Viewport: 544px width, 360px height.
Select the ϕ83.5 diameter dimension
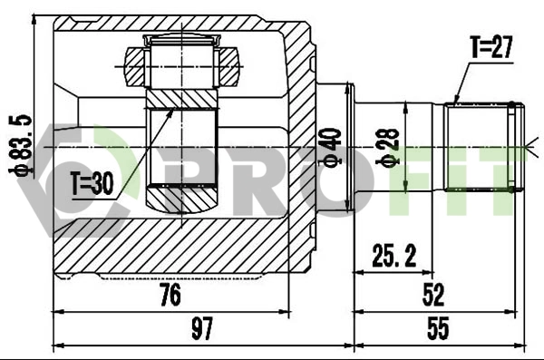(x=15, y=143)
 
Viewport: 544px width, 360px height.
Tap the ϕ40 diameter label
(x=331, y=148)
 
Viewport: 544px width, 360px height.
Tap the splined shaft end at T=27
(x=482, y=147)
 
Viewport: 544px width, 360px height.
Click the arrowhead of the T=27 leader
(x=455, y=101)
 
